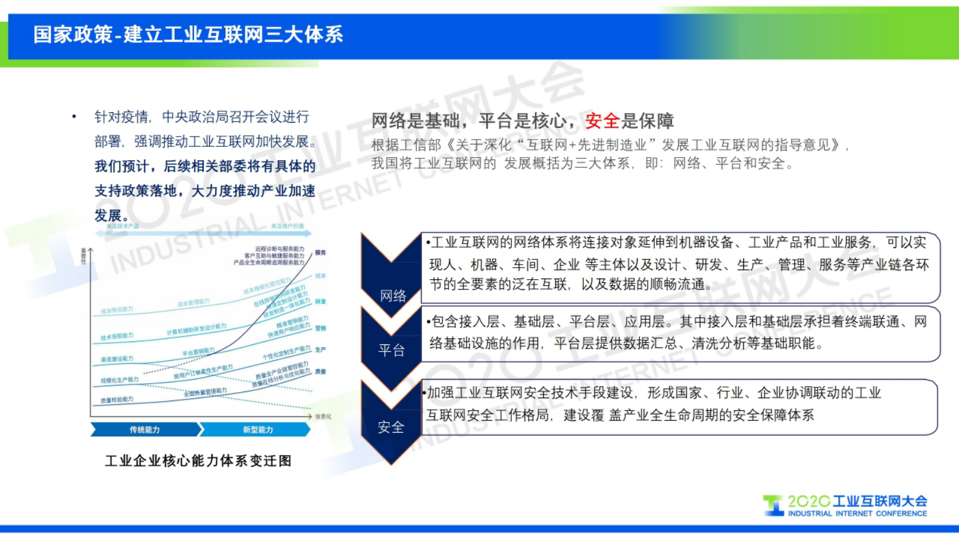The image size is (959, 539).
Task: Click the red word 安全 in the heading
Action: pyautogui.click(x=602, y=121)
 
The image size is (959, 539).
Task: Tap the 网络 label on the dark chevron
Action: pyautogui.click(x=393, y=296)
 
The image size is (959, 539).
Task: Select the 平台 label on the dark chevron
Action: pyautogui.click(x=392, y=350)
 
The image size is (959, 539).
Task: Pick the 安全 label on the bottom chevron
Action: pyautogui.click(x=391, y=428)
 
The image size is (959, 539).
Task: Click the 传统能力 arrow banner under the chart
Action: pyautogui.click(x=145, y=430)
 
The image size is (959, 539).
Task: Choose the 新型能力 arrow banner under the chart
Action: pyautogui.click(x=257, y=430)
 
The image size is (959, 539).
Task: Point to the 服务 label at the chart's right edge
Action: pyautogui.click(x=320, y=253)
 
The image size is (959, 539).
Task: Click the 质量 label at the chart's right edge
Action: pyautogui.click(x=320, y=372)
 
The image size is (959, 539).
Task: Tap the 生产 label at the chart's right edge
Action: pyautogui.click(x=320, y=350)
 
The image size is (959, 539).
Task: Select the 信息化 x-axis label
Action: pyautogui.click(x=323, y=416)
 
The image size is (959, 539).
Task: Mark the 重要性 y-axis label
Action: pyautogui.click(x=83, y=256)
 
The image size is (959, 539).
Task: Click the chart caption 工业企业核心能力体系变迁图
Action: pyautogui.click(x=198, y=461)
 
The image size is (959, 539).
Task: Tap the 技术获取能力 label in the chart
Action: pyautogui.click(x=117, y=337)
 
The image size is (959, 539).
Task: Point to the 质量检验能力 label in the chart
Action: pyautogui.click(x=117, y=400)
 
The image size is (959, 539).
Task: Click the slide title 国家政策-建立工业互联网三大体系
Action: pyautogui.click(x=188, y=34)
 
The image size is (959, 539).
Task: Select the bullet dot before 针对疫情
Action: pyautogui.click(x=74, y=117)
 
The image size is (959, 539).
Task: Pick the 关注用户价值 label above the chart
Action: pyautogui.click(x=287, y=226)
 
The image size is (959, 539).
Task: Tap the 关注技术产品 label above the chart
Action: pyautogui.click(x=123, y=226)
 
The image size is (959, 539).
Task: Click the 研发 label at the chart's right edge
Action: pyautogui.click(x=320, y=302)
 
